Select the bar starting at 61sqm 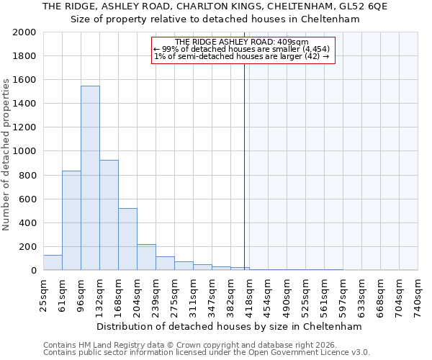pos(71,220)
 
